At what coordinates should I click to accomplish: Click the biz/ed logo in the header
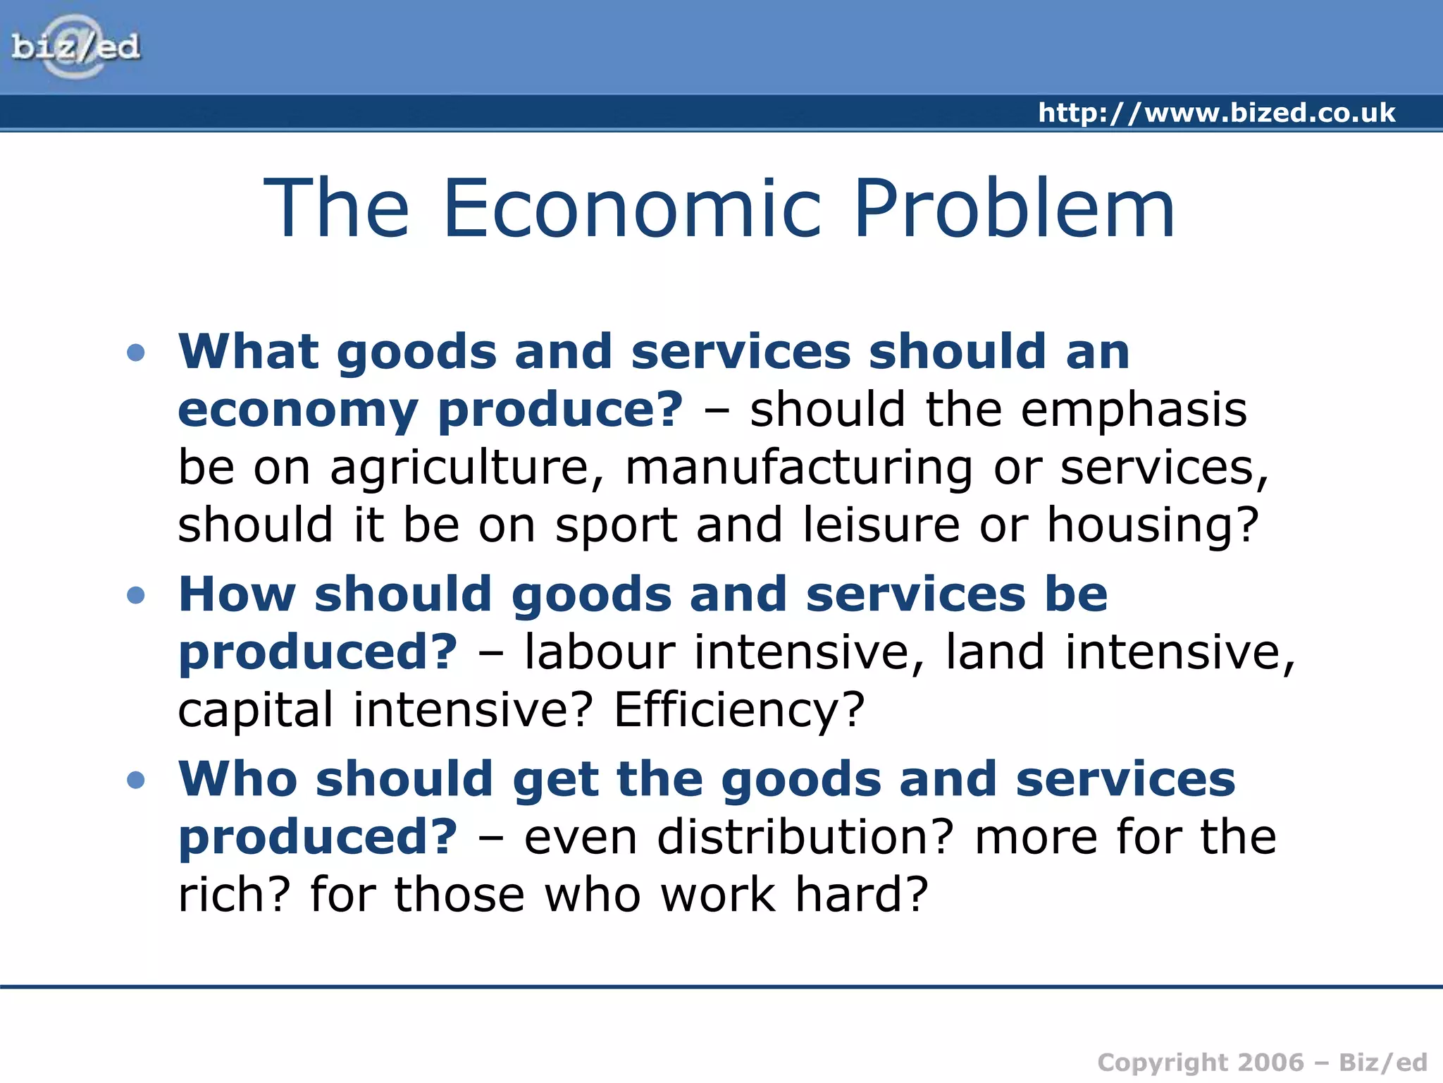pyautogui.click(x=76, y=47)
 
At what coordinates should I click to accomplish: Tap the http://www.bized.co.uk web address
pyautogui.click(x=1216, y=113)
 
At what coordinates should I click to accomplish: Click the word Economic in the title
pyautogui.click(x=632, y=208)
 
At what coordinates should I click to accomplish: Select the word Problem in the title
pyautogui.click(x=1014, y=208)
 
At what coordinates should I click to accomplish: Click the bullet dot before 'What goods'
pyautogui.click(x=136, y=352)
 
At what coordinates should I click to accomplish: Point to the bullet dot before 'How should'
pyautogui.click(x=136, y=595)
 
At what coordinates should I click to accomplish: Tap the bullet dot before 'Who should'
pyautogui.click(x=136, y=780)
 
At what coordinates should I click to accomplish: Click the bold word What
pyautogui.click(x=249, y=351)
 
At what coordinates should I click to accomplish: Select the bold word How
pyautogui.click(x=237, y=594)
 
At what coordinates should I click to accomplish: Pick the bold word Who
pyautogui.click(x=238, y=779)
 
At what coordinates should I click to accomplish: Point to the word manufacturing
pyautogui.click(x=799, y=469)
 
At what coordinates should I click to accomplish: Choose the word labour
pyautogui.click(x=600, y=652)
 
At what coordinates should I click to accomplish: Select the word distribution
pyautogui.click(x=805, y=837)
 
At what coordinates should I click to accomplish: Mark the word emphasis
pyautogui.click(x=1134, y=411)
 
